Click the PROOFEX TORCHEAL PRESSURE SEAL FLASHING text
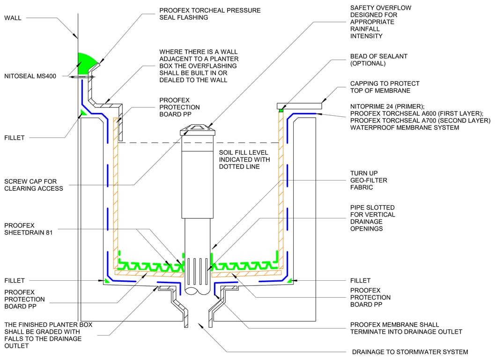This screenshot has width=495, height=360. pos(209,14)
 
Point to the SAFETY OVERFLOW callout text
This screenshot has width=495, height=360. pos(373,22)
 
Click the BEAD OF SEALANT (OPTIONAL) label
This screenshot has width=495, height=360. pos(378,60)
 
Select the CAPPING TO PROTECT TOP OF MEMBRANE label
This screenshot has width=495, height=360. pos(384,87)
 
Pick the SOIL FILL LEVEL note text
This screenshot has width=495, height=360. pos(244,160)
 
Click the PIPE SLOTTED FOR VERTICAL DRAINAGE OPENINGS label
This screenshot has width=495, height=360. pos(372,217)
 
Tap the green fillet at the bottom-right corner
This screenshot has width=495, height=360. pos(290,280)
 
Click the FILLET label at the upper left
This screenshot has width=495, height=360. pos(14,138)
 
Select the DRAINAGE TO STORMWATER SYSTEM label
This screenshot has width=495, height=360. pos(410,352)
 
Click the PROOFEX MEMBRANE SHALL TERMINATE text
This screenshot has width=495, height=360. pos(406,328)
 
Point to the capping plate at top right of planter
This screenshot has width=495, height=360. pos(299,105)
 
